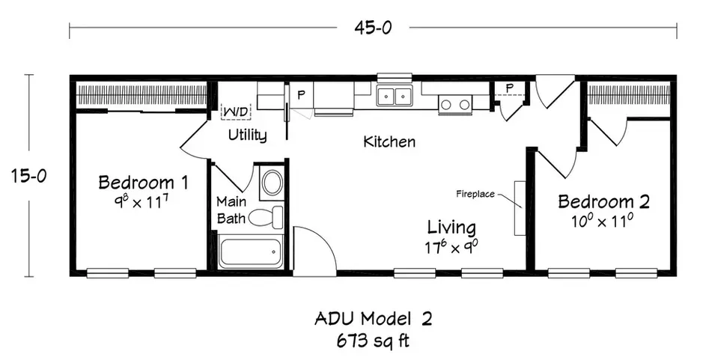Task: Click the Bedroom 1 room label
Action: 143,182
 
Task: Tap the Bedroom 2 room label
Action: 603,201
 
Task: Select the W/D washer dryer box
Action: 237,111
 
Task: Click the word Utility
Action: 248,135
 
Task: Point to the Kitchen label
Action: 389,141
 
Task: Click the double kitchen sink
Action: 394,96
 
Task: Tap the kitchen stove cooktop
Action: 455,103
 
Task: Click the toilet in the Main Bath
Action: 266,217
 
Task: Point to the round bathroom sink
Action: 272,183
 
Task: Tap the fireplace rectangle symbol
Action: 517,207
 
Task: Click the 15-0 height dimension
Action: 29,176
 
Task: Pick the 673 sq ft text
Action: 373,341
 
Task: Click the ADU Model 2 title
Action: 373,320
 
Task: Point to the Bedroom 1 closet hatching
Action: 142,95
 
